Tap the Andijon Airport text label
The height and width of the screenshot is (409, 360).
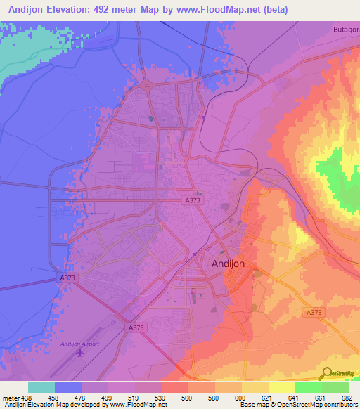point(80,343)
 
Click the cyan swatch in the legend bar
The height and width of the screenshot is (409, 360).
point(41,387)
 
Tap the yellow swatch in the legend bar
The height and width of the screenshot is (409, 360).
point(281,387)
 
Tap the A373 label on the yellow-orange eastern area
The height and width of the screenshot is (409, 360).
point(314,312)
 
